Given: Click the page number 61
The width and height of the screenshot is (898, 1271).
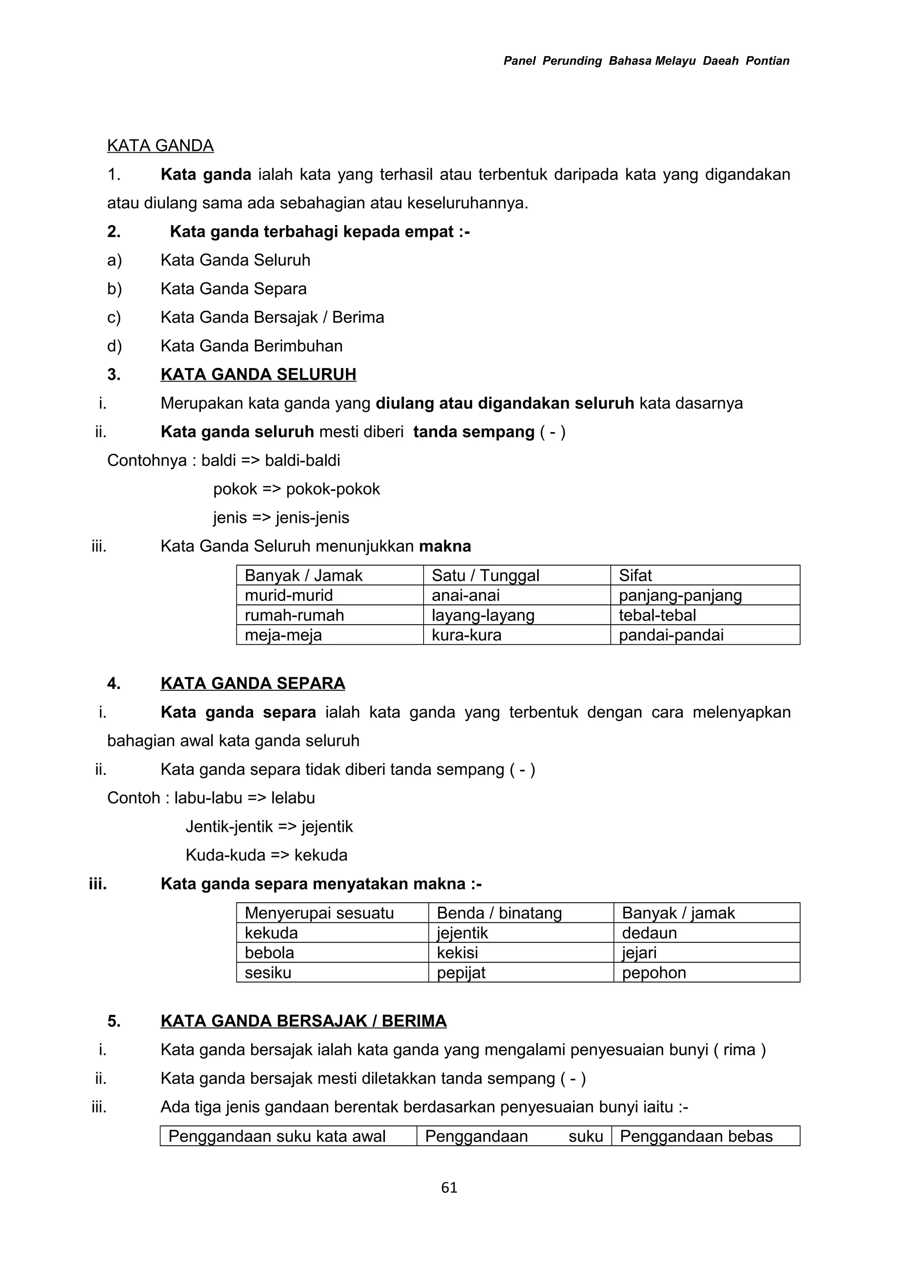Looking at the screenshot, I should pyautogui.click(x=449, y=1187).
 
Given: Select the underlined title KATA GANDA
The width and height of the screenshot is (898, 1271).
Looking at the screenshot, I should pyautogui.click(x=160, y=146).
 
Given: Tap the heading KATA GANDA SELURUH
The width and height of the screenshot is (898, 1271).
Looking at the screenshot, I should pyautogui.click(x=258, y=375).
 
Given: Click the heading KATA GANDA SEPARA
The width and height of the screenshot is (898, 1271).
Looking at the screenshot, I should pyautogui.click(x=253, y=684).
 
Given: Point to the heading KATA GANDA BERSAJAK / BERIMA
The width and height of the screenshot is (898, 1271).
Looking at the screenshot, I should pyautogui.click(x=303, y=1021).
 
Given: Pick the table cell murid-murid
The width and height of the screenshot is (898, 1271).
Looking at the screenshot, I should pyautogui.click(x=289, y=596).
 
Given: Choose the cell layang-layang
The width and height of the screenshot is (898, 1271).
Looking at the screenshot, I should pyautogui.click(x=483, y=616).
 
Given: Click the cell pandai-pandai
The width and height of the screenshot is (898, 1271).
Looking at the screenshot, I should pyautogui.click(x=670, y=635).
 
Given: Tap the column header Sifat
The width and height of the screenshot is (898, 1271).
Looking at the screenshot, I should pyautogui.click(x=635, y=576).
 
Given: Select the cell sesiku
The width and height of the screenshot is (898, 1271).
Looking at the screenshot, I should pyautogui.click(x=268, y=973).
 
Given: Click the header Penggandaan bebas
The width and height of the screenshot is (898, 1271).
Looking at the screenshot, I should pyautogui.click(x=696, y=1136).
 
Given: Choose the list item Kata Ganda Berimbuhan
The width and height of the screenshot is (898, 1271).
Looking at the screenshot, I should pyautogui.click(x=251, y=346).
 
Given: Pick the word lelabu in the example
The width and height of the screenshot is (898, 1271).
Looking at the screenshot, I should pyautogui.click(x=293, y=798).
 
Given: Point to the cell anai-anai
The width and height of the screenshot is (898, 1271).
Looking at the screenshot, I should pyautogui.click(x=465, y=596).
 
